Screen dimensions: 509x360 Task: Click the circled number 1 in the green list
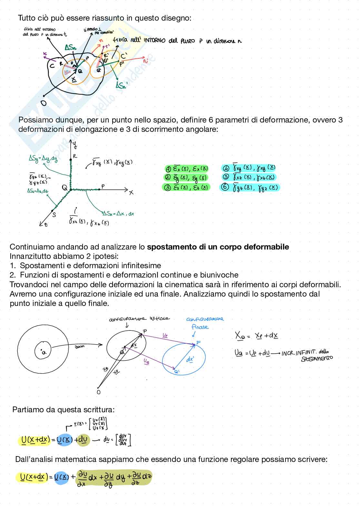pyautogui.click(x=168, y=169)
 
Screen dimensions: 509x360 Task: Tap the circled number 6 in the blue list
pyautogui.click(x=225, y=187)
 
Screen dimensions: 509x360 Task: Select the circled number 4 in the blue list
pyautogui.click(x=226, y=168)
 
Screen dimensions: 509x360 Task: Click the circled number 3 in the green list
pyautogui.click(x=168, y=188)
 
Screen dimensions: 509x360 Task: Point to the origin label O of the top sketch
pyautogui.click(x=44, y=103)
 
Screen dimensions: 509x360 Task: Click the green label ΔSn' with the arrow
pyautogui.click(x=122, y=85)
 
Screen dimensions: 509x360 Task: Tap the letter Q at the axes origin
pyautogui.click(x=65, y=188)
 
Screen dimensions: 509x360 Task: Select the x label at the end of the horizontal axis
pyautogui.click(x=131, y=192)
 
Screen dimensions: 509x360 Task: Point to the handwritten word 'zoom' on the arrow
pyautogui.click(x=79, y=347)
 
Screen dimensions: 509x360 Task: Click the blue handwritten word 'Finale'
pyautogui.click(x=200, y=327)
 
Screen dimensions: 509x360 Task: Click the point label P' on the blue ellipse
pyautogui.click(x=198, y=342)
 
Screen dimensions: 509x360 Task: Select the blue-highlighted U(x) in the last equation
pyautogui.click(x=61, y=477)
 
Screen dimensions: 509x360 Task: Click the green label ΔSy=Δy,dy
pyautogui.click(x=43, y=158)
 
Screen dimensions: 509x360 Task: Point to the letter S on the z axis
pyautogui.click(x=54, y=215)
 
